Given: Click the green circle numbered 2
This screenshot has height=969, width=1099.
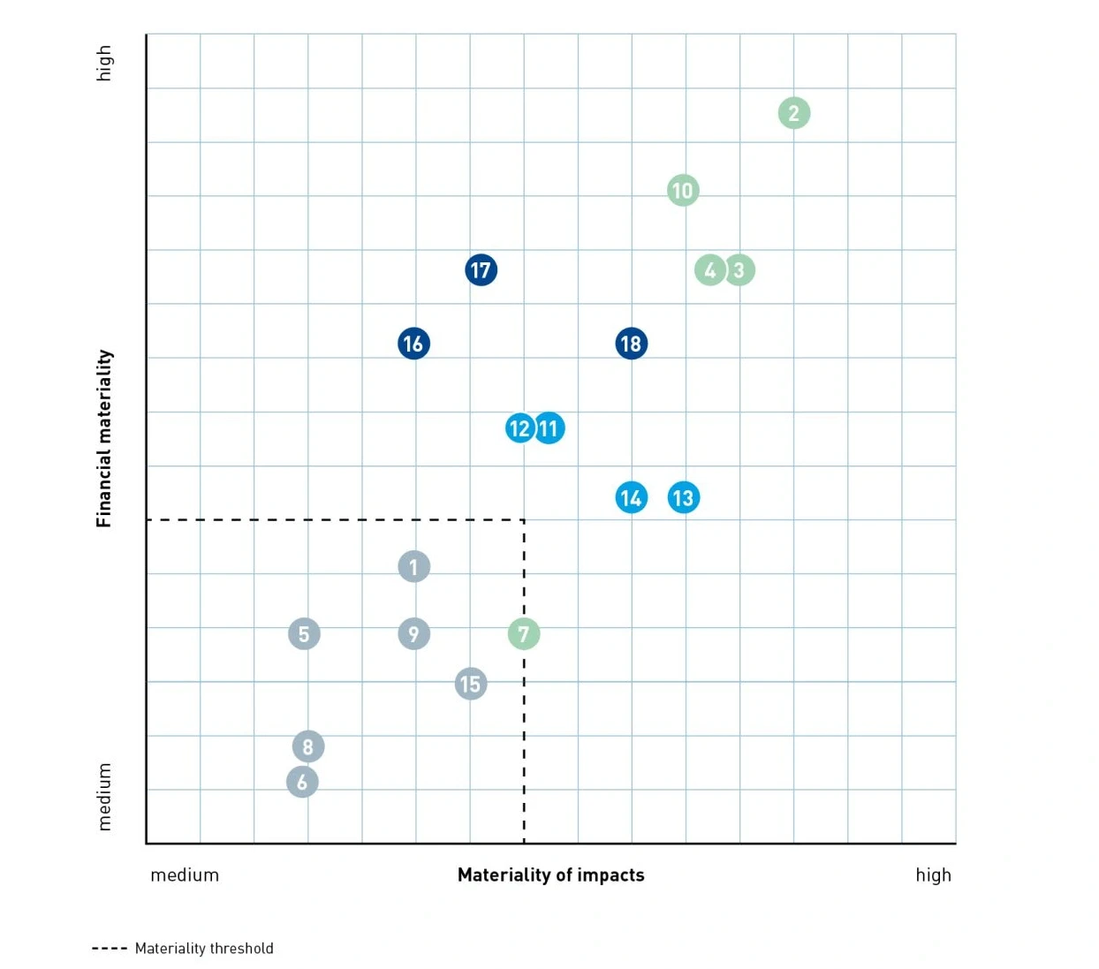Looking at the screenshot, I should [793, 113].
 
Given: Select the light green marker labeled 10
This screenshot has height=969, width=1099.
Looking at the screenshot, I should [683, 190].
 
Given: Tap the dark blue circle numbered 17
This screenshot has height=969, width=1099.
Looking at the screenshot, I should [481, 269].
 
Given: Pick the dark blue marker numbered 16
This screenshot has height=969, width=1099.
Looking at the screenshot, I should [413, 344].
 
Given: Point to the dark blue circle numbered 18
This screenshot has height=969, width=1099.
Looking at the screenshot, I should [631, 344].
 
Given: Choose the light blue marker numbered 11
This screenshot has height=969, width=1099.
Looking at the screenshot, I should [550, 428].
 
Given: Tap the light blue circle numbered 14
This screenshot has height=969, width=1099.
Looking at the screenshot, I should [631, 498].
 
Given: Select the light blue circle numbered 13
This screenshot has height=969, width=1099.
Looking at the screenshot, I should [684, 498].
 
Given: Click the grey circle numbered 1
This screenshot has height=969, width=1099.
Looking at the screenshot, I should [413, 566].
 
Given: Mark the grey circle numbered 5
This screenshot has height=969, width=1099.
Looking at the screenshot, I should [304, 633].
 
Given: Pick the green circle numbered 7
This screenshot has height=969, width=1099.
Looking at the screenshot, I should [524, 633].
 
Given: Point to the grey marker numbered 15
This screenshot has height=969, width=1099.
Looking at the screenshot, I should [470, 684].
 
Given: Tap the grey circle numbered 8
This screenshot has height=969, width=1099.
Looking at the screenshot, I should [308, 746].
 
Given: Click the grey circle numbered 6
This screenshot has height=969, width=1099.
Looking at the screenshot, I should [302, 782].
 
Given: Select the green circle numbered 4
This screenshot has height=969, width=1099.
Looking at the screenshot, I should [709, 269].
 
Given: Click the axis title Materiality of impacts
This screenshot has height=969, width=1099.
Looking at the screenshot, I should [550, 874].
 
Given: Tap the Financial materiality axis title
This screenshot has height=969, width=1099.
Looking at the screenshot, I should [104, 438].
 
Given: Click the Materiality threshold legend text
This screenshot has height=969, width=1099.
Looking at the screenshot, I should [204, 948].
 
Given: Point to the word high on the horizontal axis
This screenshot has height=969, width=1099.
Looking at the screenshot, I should [933, 874].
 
